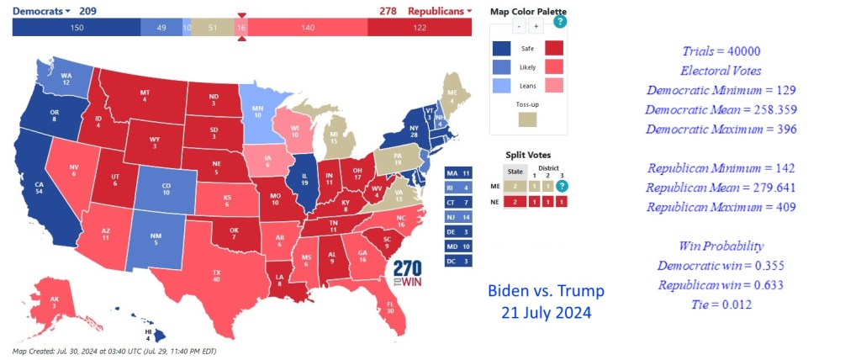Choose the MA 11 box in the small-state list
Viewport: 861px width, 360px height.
click(457, 172)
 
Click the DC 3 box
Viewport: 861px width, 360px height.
click(457, 262)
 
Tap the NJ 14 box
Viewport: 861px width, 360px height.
click(457, 217)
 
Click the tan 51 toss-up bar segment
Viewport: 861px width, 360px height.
click(213, 28)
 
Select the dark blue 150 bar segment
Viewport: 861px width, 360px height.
click(77, 28)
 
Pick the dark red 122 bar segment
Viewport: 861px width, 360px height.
click(419, 28)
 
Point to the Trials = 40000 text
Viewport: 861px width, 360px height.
click(721, 51)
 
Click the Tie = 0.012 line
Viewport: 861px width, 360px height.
click(721, 304)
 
